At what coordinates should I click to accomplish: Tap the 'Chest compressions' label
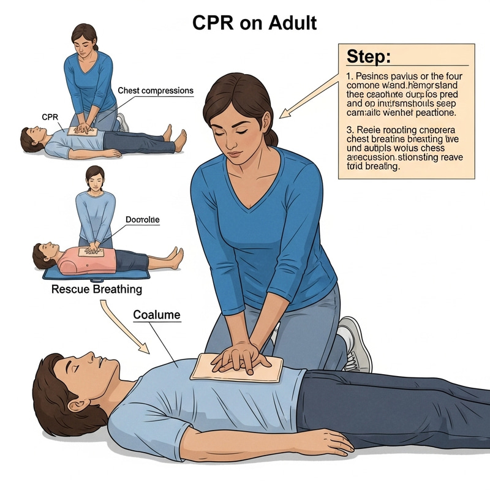[155, 91]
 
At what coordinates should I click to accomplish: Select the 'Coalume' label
[157, 315]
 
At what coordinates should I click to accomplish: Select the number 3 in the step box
[348, 130]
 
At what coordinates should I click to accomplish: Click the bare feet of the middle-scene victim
[175, 257]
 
